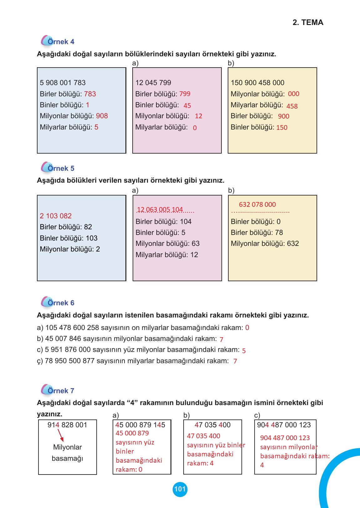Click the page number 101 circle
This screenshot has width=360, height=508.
click(x=180, y=489)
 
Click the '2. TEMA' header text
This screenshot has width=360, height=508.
click(x=308, y=23)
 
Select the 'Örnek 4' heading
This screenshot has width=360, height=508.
click(x=61, y=42)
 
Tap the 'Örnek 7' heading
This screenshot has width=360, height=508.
click(x=61, y=391)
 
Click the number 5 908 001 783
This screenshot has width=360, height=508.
click(x=63, y=83)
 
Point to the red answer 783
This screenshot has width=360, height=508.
click(x=90, y=94)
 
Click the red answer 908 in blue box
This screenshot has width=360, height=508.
click(x=102, y=116)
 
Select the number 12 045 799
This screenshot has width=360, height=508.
click(x=153, y=83)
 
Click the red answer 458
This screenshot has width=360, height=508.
click(x=292, y=106)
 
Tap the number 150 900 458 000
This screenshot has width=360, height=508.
click(x=257, y=83)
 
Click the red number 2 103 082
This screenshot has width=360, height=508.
click(x=56, y=216)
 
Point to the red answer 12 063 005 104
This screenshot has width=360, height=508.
click(x=160, y=210)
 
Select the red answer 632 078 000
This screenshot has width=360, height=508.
click(x=257, y=205)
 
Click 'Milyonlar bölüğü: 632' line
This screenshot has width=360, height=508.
click(x=265, y=244)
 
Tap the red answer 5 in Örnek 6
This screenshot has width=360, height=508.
click(x=244, y=351)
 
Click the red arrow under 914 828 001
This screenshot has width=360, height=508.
click(x=61, y=435)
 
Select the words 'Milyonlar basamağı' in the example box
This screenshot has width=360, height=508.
click(x=67, y=453)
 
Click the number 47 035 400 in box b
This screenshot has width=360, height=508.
click(x=212, y=425)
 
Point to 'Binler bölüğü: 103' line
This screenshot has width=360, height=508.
click(x=68, y=238)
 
